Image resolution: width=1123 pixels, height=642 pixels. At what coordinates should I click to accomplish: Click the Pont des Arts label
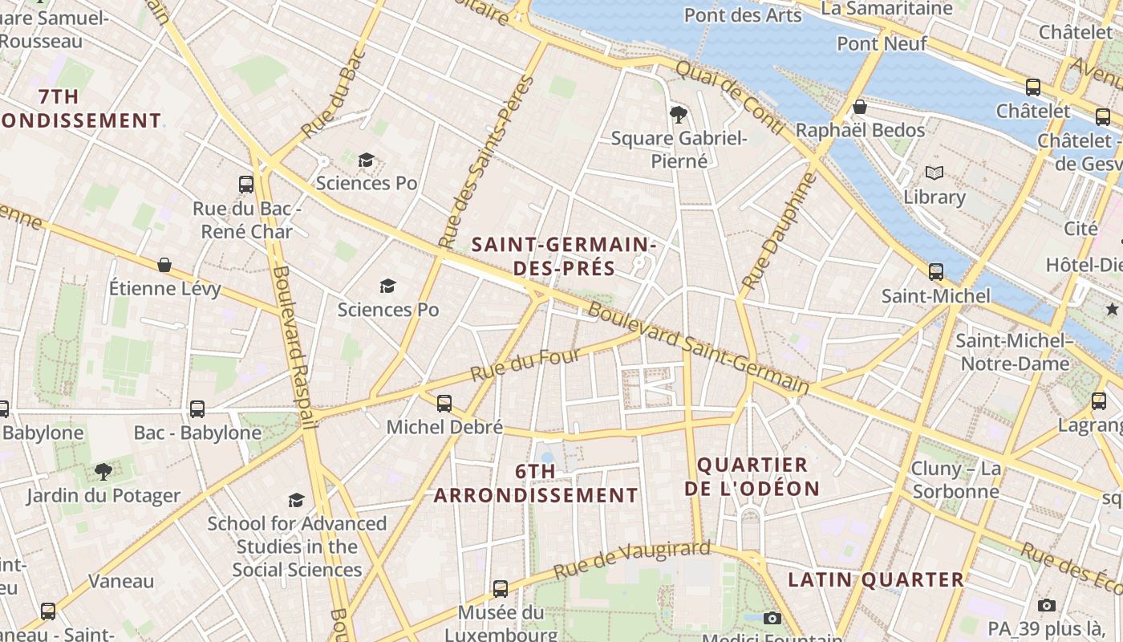click(742, 15)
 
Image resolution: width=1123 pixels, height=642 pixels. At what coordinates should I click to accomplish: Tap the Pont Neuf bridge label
click(882, 43)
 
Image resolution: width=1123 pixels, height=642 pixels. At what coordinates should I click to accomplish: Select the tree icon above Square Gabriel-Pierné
click(679, 114)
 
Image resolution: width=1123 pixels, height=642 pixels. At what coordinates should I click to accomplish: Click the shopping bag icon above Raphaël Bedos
click(860, 107)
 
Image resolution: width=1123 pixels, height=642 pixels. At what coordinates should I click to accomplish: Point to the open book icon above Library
click(934, 173)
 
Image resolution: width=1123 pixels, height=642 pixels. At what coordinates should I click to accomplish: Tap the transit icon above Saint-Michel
click(936, 271)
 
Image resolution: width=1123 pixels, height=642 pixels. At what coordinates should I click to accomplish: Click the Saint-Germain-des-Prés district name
click(564, 256)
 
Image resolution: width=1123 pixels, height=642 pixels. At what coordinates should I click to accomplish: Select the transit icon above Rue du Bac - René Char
click(246, 185)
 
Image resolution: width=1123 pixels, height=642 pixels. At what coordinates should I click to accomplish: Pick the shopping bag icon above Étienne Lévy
click(164, 265)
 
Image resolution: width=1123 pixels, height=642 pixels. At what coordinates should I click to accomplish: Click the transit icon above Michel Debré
click(444, 403)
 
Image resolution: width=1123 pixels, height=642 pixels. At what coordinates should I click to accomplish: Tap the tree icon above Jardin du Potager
click(103, 471)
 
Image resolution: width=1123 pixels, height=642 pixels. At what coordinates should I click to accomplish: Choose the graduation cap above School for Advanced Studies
click(297, 500)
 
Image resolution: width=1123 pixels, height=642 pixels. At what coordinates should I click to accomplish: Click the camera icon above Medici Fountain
click(772, 618)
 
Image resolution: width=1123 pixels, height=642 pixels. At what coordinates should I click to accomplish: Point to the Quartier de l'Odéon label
click(752, 477)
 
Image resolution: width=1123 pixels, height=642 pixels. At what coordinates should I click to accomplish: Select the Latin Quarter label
click(876, 579)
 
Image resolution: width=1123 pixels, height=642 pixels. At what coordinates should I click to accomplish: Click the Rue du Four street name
click(525, 364)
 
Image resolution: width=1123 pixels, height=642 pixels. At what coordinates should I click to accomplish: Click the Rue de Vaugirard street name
click(632, 560)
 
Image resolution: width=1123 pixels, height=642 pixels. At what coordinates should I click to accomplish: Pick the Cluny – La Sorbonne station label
click(956, 480)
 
